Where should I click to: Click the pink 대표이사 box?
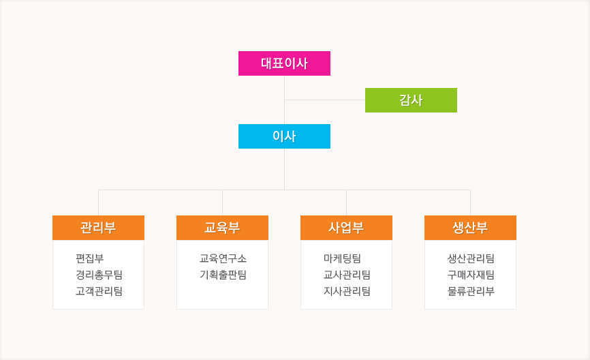tap(285, 63)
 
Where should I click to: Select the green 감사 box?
tap(411, 100)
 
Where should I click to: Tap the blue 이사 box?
tap(285, 136)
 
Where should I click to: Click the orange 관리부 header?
tap(99, 228)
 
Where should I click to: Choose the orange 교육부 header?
tap(222, 228)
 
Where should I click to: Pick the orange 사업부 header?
tap(346, 228)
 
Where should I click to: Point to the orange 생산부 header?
tap(470, 228)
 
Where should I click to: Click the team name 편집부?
tap(89, 258)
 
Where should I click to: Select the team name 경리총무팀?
tap(99, 275)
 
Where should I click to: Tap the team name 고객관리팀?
tap(99, 291)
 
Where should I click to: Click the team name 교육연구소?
tap(223, 258)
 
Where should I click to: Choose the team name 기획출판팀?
tap(223, 275)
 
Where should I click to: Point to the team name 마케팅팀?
tap(343, 258)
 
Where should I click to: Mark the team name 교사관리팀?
tap(347, 275)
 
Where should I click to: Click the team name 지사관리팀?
tap(347, 291)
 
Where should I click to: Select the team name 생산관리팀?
tap(471, 258)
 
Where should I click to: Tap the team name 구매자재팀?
tap(471, 275)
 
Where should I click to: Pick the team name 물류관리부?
tap(471, 291)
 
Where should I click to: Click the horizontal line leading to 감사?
tap(325, 100)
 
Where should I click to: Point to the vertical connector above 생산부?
tap(470, 202)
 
